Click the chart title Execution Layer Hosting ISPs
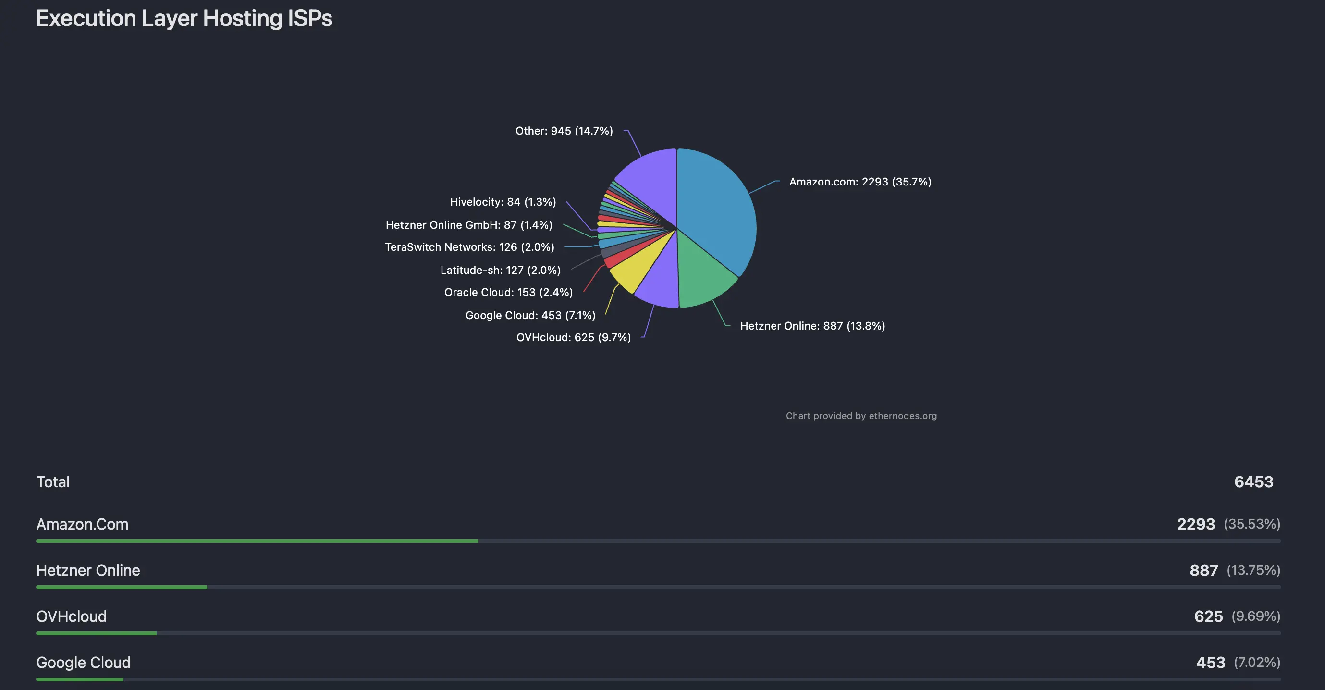(184, 19)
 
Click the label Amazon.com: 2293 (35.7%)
(860, 182)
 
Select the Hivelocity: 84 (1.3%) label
(503, 202)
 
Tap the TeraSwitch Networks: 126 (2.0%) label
(469, 247)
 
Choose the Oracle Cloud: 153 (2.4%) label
(508, 292)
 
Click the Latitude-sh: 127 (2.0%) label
(500, 270)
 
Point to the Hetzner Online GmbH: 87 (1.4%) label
(468, 225)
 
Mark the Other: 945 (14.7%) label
(564, 131)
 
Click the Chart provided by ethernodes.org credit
(861, 416)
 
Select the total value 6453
(1253, 482)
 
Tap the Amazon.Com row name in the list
(82, 524)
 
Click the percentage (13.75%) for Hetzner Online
(1253, 570)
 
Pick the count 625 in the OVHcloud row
(1208, 616)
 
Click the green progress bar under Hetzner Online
(122, 587)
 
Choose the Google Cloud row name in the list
(83, 663)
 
